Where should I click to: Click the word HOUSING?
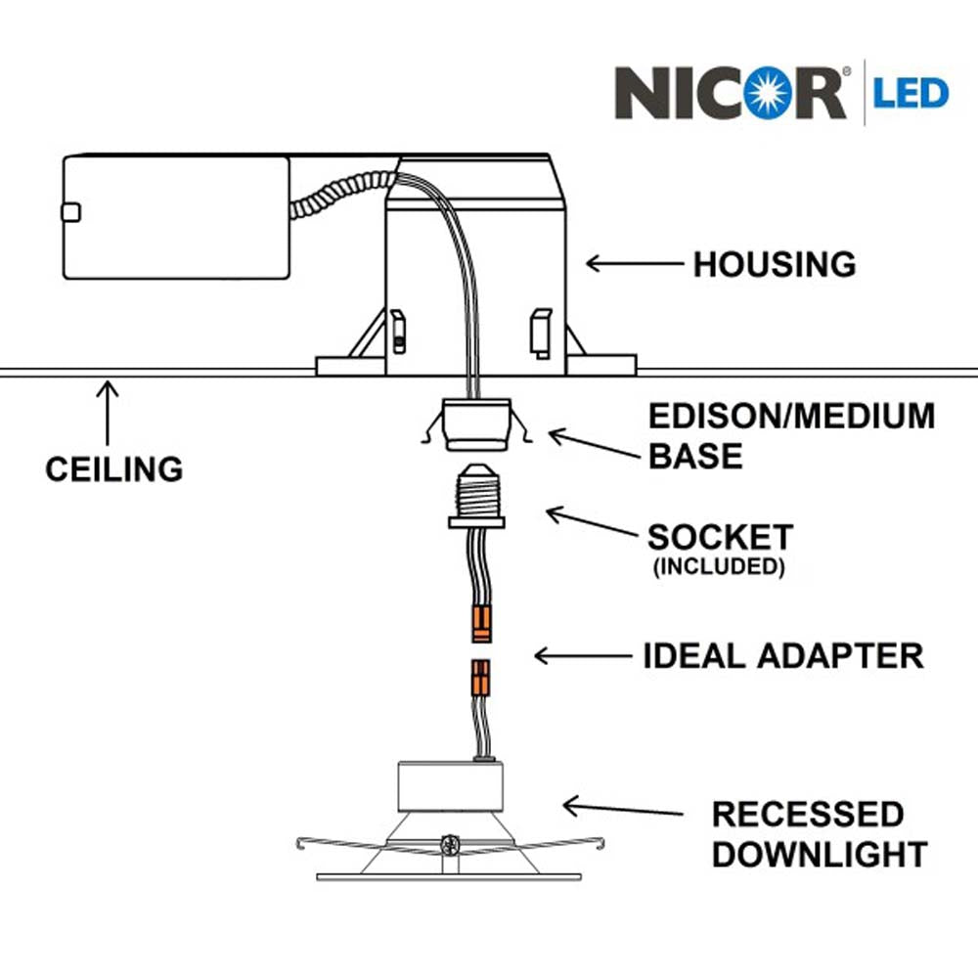pos(775,264)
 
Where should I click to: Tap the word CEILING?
pos(113,468)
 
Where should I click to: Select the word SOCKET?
pos(721,537)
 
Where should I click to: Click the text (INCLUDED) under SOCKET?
pos(721,566)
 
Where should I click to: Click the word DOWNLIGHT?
pos(819,854)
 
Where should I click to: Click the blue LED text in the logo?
pos(911,94)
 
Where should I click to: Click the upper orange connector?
pos(480,623)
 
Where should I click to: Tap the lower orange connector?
pos(480,678)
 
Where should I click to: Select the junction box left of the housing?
pos(176,217)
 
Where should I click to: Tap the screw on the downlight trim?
pos(450,845)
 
